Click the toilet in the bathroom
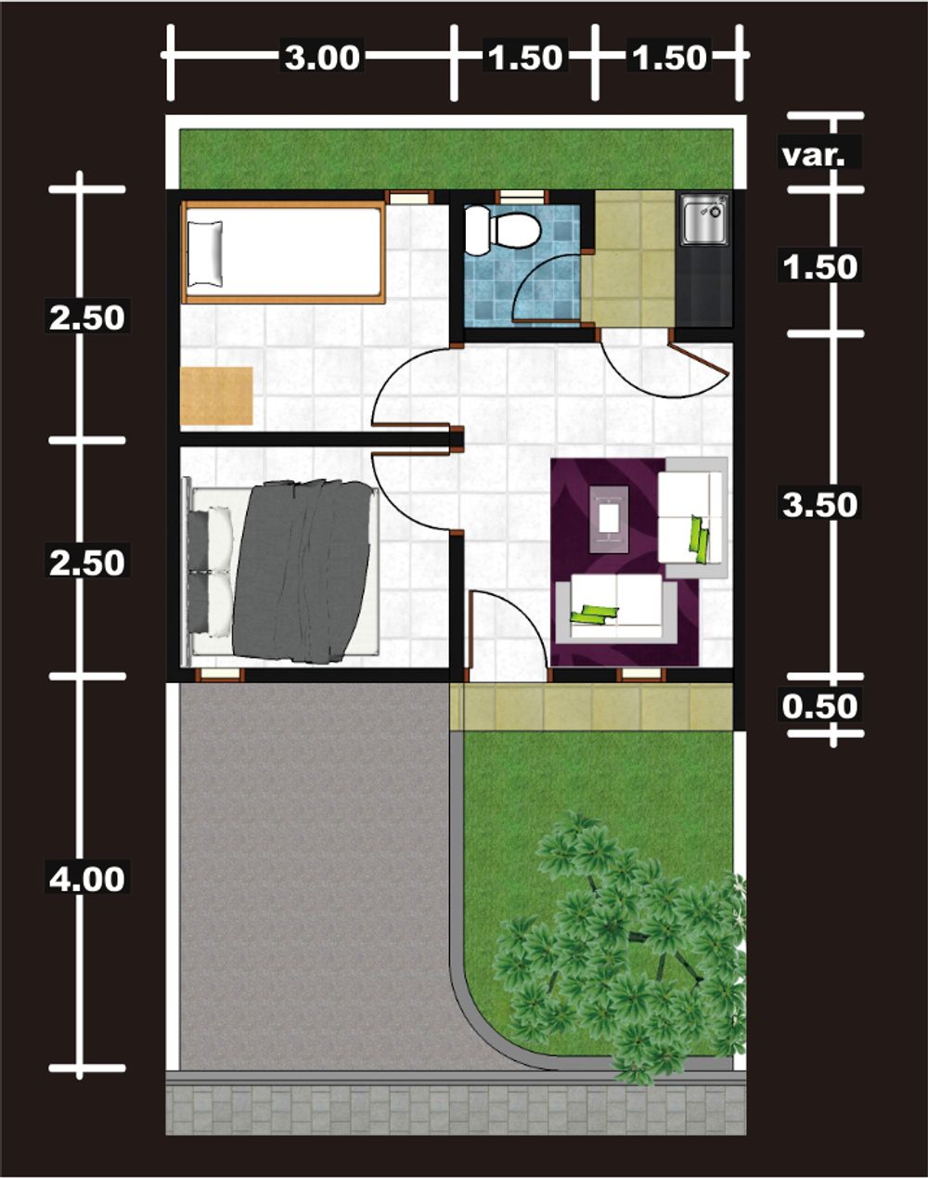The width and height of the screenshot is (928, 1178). (501, 230)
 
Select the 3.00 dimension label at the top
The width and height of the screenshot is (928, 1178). (322, 58)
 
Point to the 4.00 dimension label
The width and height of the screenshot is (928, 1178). (87, 880)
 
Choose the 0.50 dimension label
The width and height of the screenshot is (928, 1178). (819, 706)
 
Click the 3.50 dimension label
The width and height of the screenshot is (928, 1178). (819, 505)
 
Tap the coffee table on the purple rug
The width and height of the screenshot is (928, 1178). (608, 519)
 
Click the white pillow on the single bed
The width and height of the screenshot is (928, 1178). (205, 253)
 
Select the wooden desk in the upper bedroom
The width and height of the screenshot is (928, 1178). (216, 395)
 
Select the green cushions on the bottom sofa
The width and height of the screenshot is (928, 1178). (595, 614)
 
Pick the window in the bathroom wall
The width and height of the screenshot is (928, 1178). (521, 197)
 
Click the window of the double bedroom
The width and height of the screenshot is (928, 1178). (220, 675)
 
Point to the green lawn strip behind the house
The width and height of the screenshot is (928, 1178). (457, 159)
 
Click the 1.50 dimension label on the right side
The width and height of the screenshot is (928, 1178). (819, 267)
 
